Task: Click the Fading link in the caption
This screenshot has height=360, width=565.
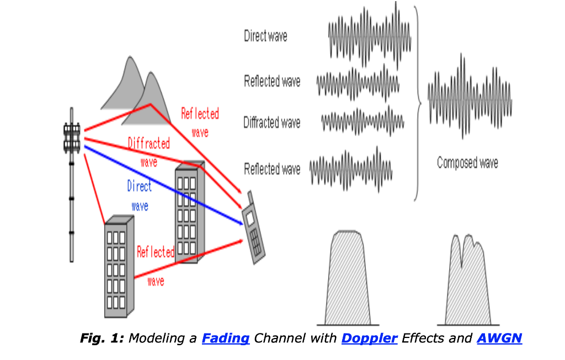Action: point(226,338)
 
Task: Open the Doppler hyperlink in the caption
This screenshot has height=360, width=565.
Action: point(369,338)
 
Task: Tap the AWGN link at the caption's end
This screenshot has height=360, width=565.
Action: point(499,338)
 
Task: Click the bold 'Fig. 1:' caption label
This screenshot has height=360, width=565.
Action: point(102,338)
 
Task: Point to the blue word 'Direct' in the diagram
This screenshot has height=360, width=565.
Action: point(139,186)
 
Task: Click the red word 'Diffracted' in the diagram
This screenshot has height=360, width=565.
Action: point(148,144)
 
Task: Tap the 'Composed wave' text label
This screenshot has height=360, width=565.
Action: point(467,163)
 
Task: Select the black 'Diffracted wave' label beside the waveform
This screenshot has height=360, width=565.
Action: point(272,122)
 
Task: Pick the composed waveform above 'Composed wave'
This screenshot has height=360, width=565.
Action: point(470,97)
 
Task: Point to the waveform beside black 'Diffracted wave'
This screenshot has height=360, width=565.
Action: point(363,120)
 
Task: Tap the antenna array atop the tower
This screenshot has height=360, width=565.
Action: point(72,138)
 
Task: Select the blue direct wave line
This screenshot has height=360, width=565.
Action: point(166,184)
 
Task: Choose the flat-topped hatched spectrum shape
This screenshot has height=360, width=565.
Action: point(348,278)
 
